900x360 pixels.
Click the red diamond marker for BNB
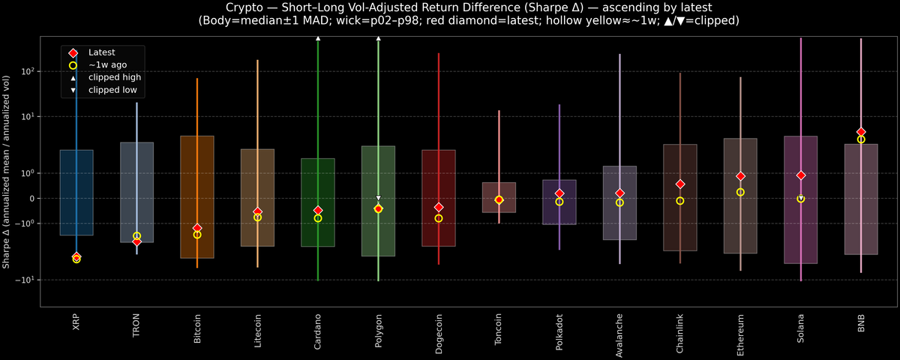coord(861,132)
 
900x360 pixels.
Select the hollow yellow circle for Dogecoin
coord(439,218)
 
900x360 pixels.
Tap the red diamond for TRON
coord(136,241)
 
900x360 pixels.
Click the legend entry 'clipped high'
coord(114,77)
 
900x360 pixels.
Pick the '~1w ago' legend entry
coord(107,64)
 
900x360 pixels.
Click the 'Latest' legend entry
coord(102,52)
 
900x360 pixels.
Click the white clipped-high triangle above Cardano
coord(318,37)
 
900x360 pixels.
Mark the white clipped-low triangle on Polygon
coord(379,198)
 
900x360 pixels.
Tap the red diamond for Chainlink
coord(680,184)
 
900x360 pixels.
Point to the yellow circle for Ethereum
coord(740,192)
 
